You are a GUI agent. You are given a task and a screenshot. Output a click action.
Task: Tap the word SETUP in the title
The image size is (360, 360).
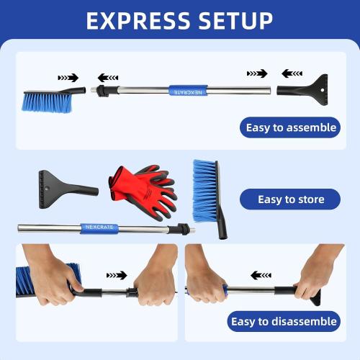click(x=233, y=20)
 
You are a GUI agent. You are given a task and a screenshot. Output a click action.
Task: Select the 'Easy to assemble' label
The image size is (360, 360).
click(x=291, y=128)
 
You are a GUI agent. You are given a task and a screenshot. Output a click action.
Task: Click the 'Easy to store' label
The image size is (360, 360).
click(x=291, y=199)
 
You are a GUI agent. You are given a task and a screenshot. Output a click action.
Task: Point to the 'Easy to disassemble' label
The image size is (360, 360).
click(x=283, y=321)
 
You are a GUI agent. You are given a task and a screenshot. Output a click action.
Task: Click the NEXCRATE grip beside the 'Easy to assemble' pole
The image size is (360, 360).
click(x=188, y=91)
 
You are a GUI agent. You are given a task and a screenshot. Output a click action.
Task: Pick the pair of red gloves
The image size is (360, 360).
click(x=143, y=189)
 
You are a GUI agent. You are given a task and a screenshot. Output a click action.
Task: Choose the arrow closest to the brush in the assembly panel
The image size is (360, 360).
click(x=69, y=76)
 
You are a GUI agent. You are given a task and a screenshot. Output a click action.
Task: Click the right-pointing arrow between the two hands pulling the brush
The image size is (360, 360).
click(x=116, y=275)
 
